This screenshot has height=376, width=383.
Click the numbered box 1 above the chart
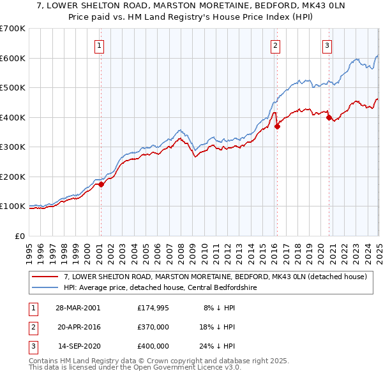(100, 45)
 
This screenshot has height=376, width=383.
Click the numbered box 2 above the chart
(275, 45)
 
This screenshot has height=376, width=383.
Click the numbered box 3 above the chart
(326, 45)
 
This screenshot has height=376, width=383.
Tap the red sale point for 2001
(101, 185)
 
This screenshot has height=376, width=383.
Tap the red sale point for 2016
(277, 126)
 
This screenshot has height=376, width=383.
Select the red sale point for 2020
(329, 117)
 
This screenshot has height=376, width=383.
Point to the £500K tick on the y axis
(14, 87)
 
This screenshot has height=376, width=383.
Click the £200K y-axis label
(14, 177)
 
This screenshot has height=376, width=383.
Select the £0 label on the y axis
(20, 236)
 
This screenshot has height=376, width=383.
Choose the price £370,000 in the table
(153, 326)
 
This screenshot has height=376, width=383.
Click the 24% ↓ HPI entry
(217, 346)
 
